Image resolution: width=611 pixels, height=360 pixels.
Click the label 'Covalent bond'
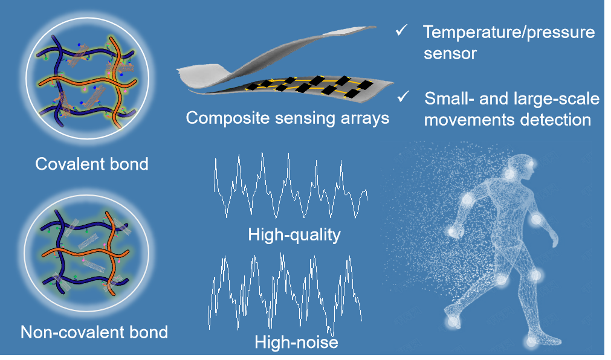pos(92,164)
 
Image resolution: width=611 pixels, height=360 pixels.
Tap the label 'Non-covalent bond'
pos(94,332)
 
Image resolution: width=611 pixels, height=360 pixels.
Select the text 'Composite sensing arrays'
pos(288,118)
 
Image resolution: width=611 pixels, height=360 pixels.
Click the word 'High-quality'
pos(294,235)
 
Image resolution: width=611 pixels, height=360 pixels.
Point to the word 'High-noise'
pos(296,342)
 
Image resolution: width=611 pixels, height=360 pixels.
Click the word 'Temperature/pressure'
pos(509,33)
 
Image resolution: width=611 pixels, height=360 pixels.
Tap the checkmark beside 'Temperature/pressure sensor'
pos(402,30)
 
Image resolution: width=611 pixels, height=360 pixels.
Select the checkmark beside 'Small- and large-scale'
pos(404,97)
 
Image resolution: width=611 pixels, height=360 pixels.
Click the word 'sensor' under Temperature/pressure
pos(450,54)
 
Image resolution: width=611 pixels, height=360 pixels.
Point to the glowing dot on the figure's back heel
pos(452,322)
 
